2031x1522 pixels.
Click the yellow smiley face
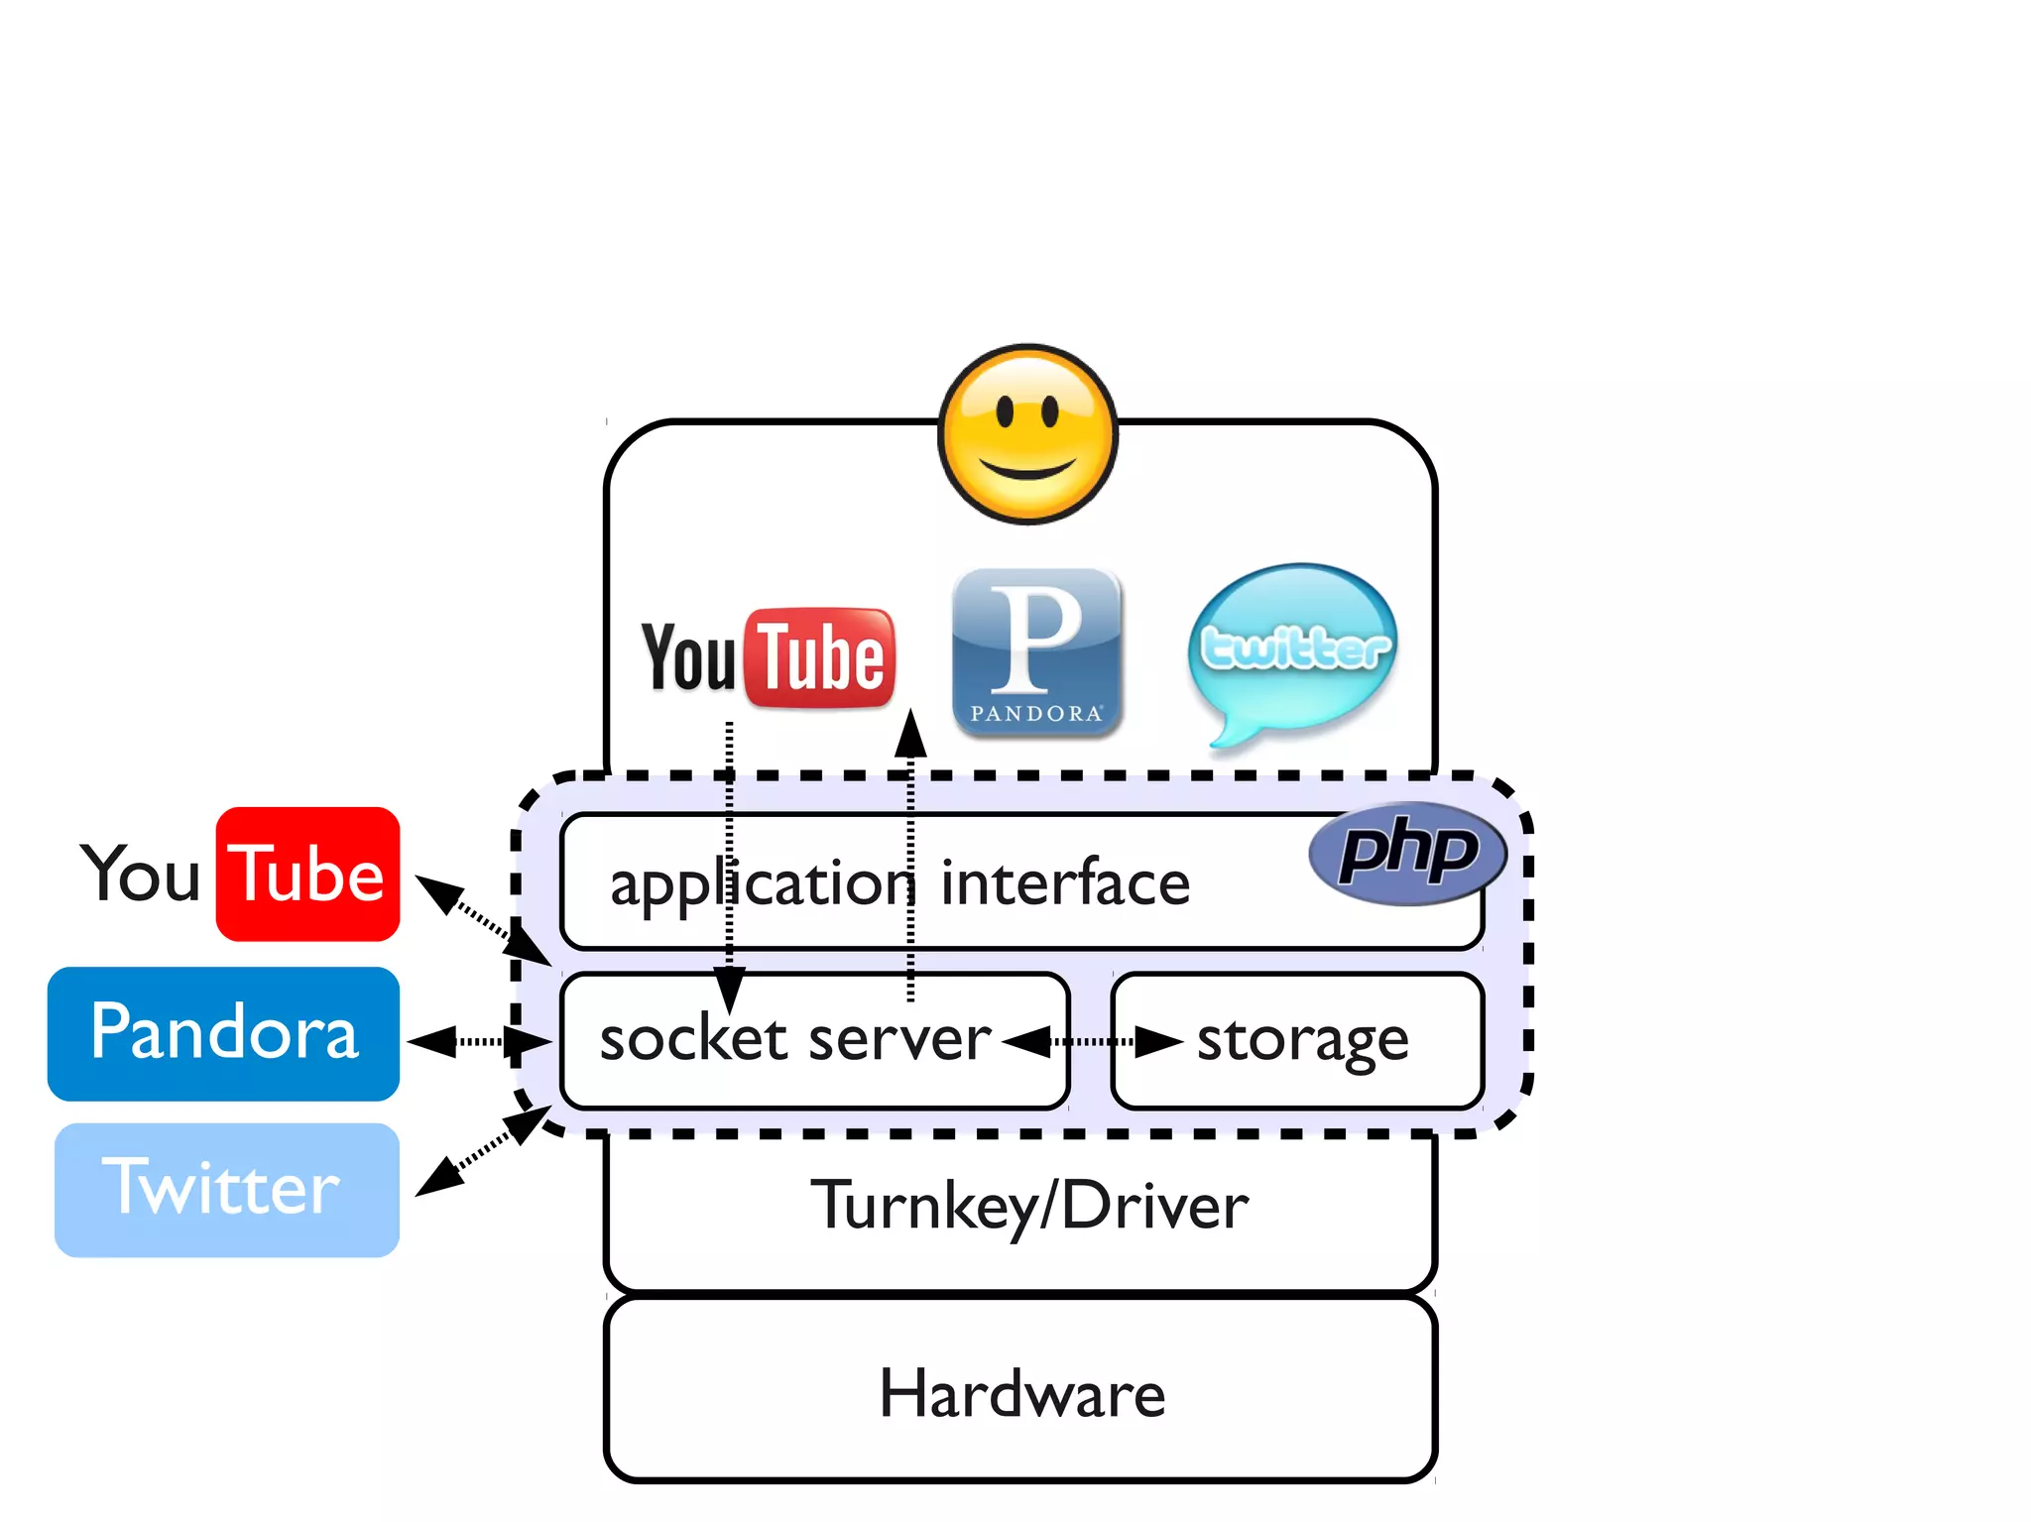[x=1027, y=433]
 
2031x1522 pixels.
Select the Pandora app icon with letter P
[x=1036, y=651]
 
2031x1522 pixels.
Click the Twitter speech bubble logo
[x=1293, y=649]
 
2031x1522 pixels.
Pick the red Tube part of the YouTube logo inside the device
[x=819, y=658]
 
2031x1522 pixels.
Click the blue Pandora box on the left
[x=223, y=1033]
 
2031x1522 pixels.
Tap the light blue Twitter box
[x=226, y=1189]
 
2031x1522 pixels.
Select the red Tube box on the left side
[x=307, y=874]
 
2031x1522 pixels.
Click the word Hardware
[x=1021, y=1393]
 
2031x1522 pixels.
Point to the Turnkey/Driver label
[x=1029, y=1206]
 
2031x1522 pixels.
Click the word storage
[x=1301, y=1040]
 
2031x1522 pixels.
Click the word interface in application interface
[x=1064, y=882]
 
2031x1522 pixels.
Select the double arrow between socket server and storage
[x=1092, y=1042]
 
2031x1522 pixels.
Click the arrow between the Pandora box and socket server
[x=479, y=1042]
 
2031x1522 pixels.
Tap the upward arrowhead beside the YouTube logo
[x=910, y=734]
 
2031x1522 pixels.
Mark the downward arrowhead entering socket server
[x=729, y=990]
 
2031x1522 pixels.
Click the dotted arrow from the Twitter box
[x=483, y=1150]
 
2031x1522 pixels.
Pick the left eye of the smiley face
[x=1004, y=410]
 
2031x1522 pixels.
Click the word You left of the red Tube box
[x=142, y=874]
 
